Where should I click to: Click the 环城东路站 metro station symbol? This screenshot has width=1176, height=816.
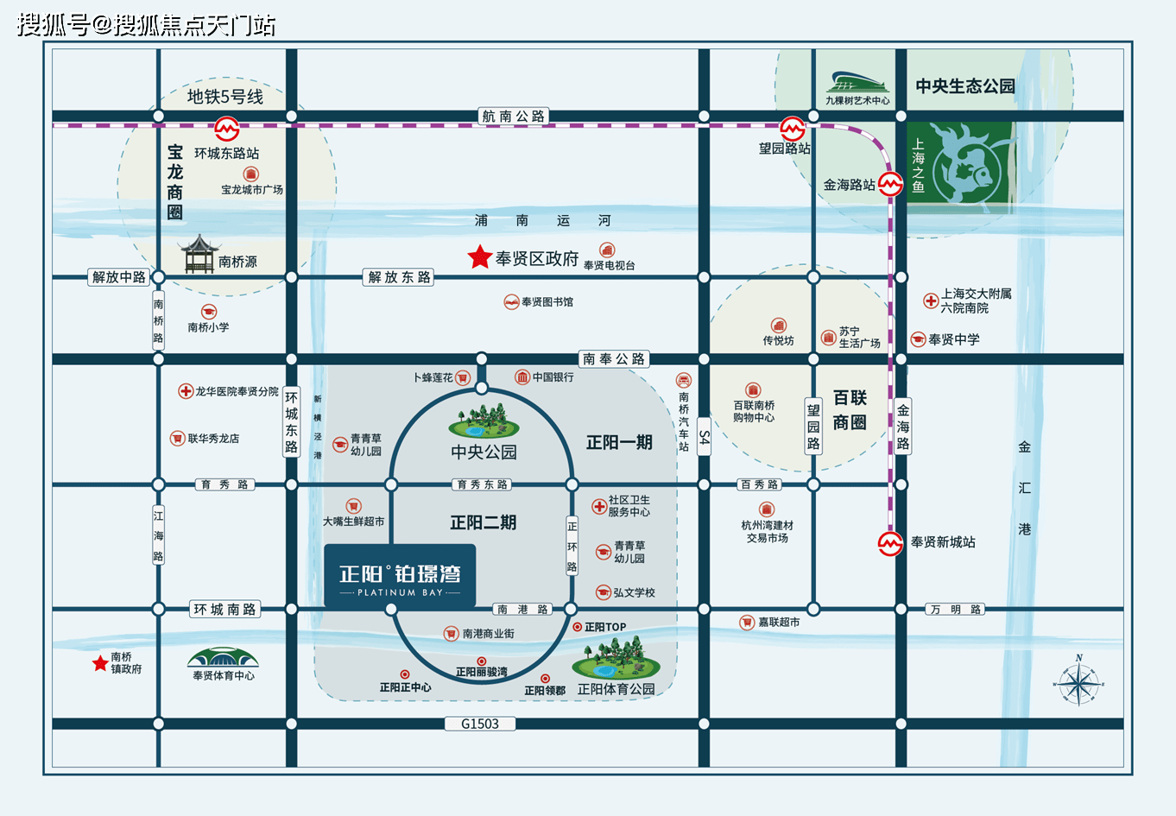(227, 128)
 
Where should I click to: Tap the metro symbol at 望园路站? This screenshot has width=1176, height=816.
(792, 128)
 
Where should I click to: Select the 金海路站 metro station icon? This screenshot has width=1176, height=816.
(890, 184)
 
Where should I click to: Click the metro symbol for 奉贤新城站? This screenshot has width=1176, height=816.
(890, 543)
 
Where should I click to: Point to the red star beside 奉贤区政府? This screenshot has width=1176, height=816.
(479, 257)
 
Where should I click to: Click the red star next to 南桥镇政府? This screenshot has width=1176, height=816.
(100, 663)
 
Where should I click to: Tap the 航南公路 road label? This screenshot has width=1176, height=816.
(513, 116)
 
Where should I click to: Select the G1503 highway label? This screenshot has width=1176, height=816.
(480, 724)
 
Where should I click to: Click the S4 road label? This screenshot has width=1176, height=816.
(704, 436)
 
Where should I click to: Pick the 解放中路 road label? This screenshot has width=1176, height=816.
(118, 276)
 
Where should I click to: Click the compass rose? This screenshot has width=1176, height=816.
(1078, 681)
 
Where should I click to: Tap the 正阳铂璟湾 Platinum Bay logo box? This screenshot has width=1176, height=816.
(400, 576)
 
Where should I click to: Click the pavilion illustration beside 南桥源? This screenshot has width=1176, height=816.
(199, 254)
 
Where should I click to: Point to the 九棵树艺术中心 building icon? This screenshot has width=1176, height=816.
(857, 82)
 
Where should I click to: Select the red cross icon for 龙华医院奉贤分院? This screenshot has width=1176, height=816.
(186, 391)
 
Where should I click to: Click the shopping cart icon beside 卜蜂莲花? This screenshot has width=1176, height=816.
(463, 377)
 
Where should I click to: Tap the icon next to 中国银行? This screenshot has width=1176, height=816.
(522, 376)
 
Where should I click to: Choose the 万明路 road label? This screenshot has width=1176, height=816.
(955, 609)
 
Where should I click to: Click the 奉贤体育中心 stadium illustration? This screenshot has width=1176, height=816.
(223, 657)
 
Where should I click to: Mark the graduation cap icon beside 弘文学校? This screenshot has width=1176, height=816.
(604, 592)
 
